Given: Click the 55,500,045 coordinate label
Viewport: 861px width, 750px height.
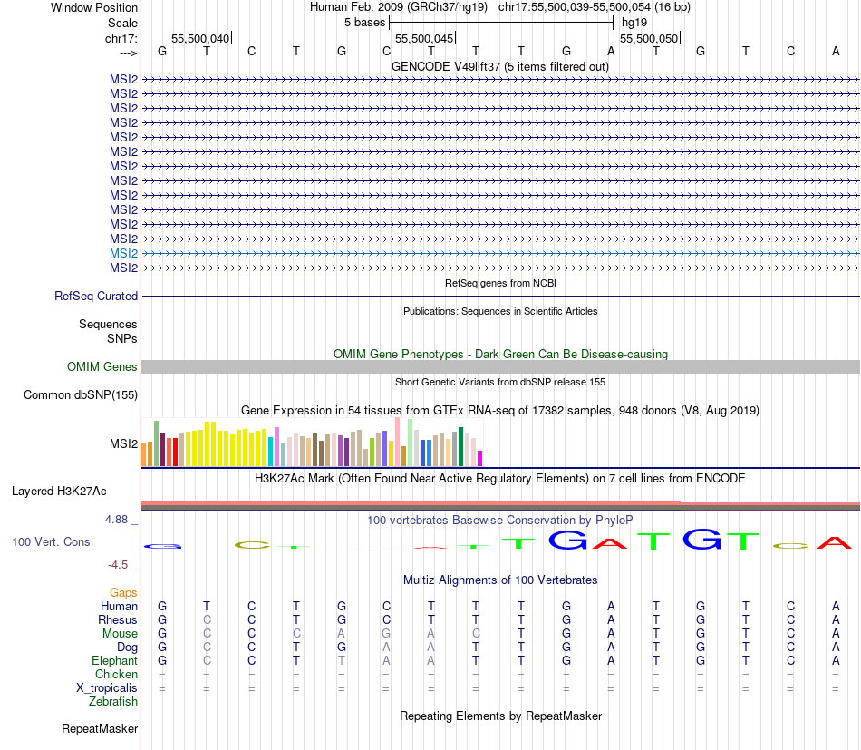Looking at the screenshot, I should (x=424, y=38).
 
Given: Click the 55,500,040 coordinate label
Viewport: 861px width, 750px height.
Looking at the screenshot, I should (x=200, y=38).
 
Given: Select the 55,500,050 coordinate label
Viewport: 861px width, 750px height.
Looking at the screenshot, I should (x=648, y=38).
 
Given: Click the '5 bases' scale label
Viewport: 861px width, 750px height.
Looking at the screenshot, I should (x=365, y=22).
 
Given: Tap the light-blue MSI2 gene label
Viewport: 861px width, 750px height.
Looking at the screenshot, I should (x=123, y=253).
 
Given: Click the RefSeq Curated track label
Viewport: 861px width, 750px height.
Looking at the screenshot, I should (x=96, y=296).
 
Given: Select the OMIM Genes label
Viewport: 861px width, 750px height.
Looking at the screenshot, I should (x=102, y=366).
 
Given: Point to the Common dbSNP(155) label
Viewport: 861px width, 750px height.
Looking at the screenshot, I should (x=81, y=394).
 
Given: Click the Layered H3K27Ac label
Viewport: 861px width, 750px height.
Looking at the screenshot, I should (x=59, y=491).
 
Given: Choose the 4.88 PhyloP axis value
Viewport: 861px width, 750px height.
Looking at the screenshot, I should (x=119, y=520).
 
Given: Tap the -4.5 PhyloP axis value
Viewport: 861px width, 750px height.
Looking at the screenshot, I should (x=121, y=564).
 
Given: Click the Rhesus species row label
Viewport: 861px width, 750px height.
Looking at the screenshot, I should (x=118, y=619).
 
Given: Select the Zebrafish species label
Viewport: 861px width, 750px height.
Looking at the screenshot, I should (x=113, y=701).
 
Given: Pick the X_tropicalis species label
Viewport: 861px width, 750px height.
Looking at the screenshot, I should (x=107, y=687).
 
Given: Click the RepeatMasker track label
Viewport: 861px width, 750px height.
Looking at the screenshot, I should (x=100, y=728).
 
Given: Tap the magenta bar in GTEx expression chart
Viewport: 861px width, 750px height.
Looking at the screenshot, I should (x=480, y=458).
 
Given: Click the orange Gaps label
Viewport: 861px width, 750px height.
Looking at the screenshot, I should (x=123, y=592).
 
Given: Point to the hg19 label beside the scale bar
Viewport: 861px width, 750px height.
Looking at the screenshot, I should (x=634, y=22).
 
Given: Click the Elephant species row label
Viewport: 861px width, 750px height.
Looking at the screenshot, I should (x=114, y=660).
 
